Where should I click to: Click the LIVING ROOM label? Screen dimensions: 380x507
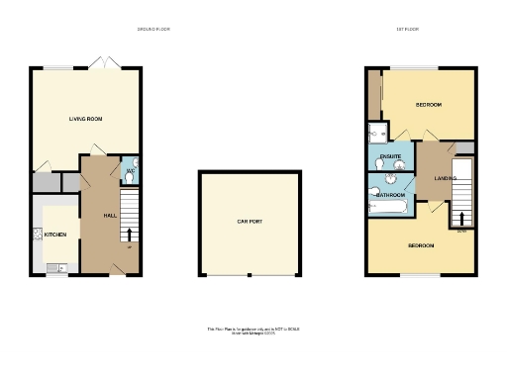point(86,119)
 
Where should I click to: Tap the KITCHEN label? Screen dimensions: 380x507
point(54,235)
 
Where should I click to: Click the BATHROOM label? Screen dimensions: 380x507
point(391,195)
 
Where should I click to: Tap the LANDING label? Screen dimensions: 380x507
point(445,178)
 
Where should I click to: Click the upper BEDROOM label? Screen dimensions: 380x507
point(428,105)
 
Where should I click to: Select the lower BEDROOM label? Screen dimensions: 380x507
point(421,245)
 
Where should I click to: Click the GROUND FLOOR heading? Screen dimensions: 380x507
point(153,30)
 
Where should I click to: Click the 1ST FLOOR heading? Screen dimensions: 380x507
point(408,30)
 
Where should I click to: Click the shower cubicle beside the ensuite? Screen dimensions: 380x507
point(376,133)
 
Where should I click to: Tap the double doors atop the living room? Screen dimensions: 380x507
point(99,63)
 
